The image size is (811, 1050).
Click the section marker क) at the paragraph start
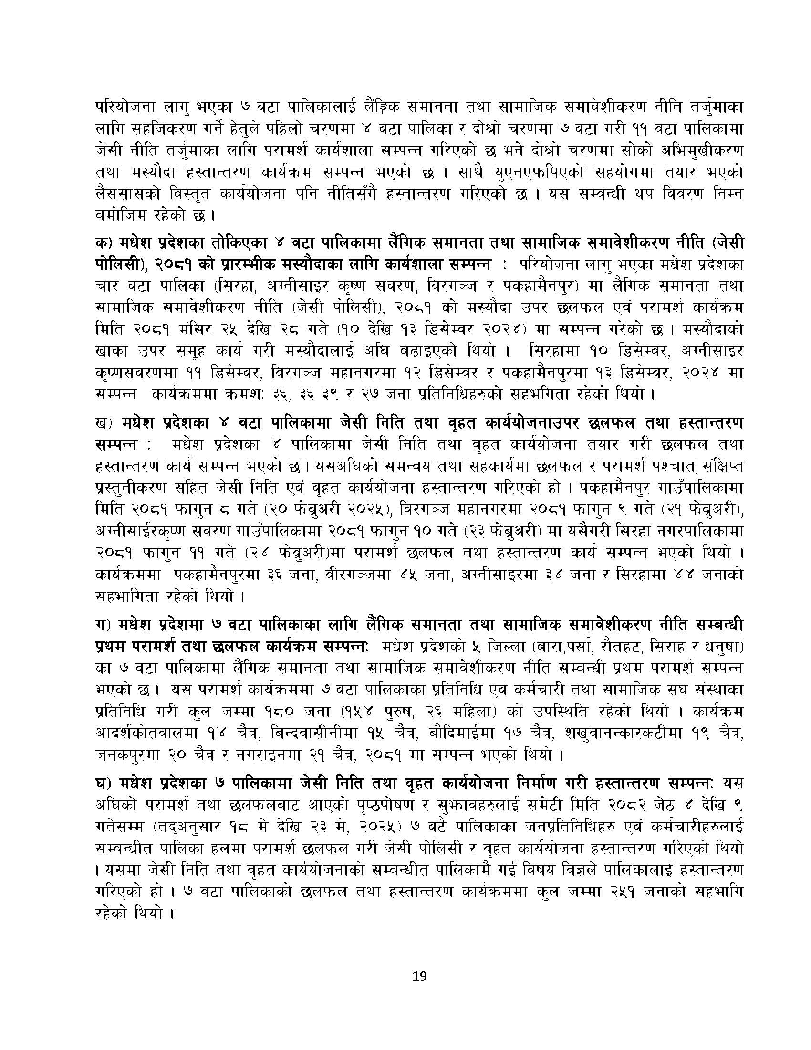(x=103, y=244)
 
